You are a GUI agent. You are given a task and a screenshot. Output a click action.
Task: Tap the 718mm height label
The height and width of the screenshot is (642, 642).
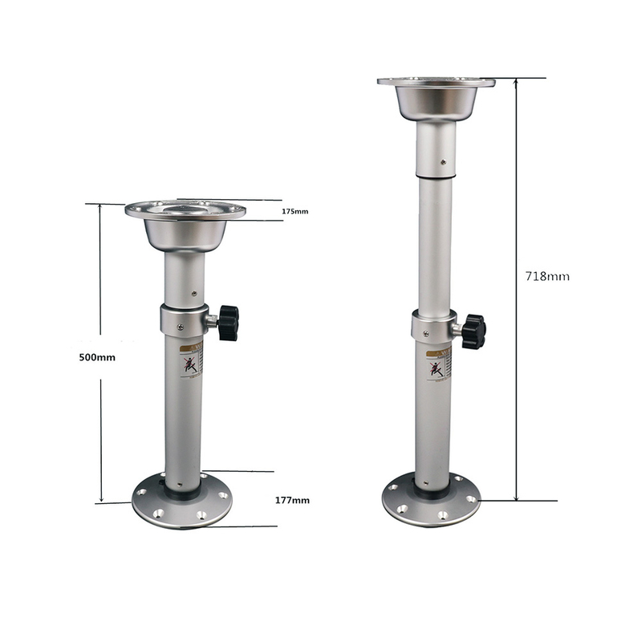tap(547, 276)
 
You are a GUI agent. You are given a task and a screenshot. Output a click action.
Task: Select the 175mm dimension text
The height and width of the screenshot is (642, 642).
tap(295, 211)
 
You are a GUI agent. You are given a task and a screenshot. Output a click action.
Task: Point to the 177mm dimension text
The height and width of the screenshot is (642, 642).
tap(292, 500)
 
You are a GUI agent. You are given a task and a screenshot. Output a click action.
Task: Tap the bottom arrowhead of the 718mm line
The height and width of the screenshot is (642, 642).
tap(516, 497)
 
